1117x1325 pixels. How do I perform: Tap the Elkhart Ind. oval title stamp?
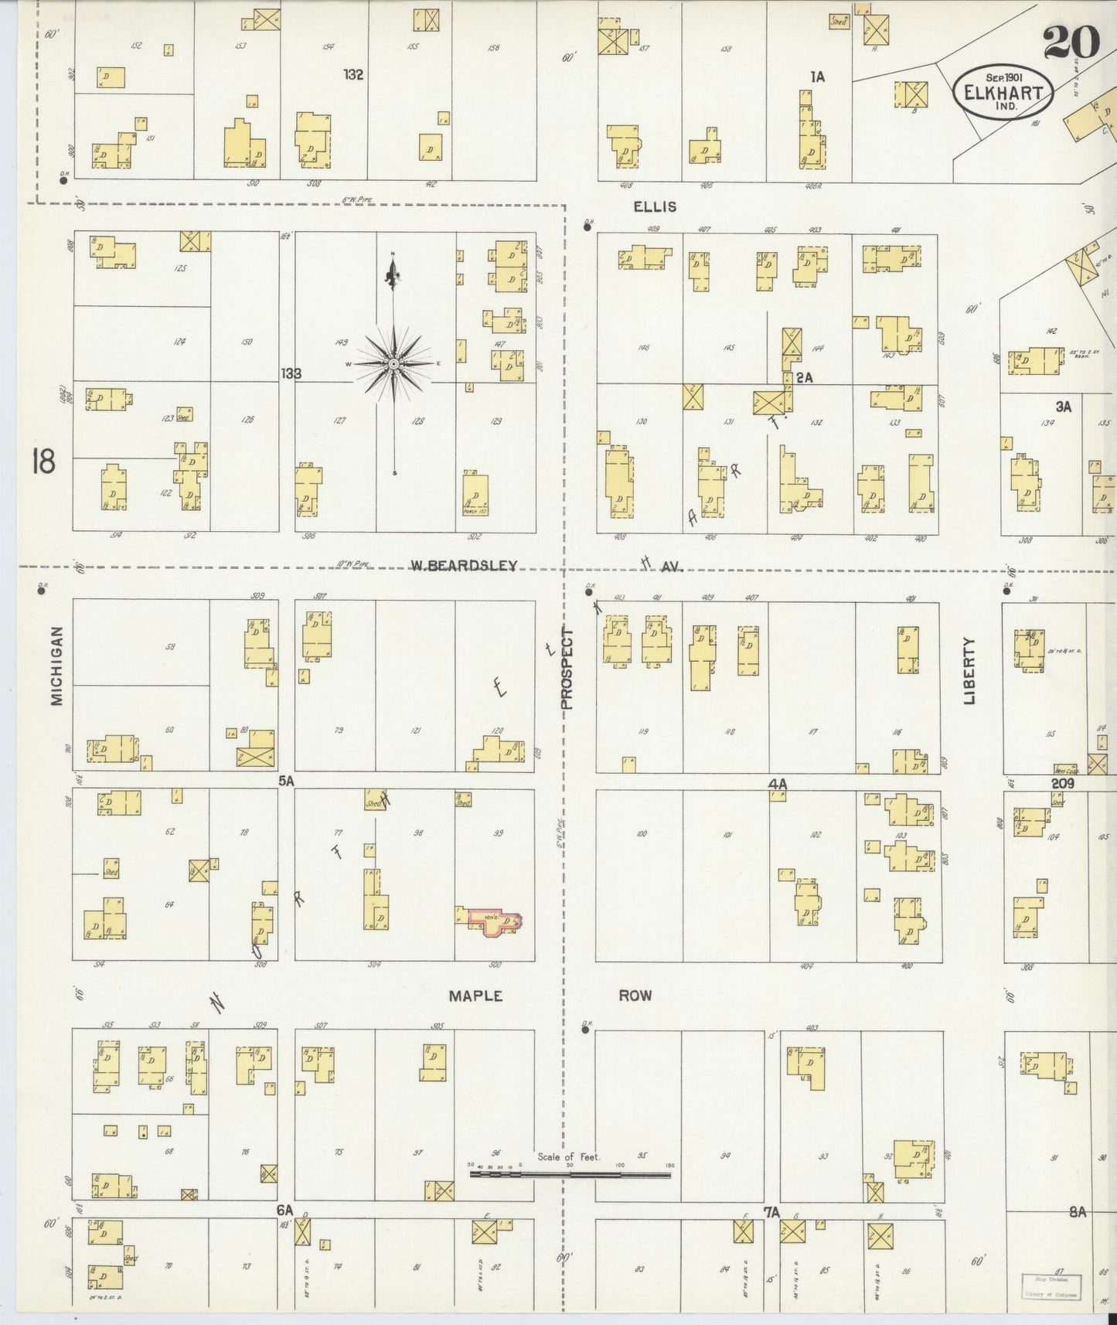(x=1003, y=91)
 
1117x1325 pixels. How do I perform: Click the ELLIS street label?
(x=655, y=206)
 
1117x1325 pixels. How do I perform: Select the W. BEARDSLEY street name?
(x=463, y=566)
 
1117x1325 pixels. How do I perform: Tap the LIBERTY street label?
(x=969, y=670)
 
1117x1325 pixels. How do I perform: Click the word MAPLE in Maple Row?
(x=475, y=996)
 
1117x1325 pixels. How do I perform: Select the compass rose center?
(x=394, y=363)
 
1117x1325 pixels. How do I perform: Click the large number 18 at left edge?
(x=43, y=462)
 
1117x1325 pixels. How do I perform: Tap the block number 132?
(x=354, y=75)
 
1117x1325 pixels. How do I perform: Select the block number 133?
(x=291, y=374)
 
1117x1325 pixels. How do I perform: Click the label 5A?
(x=287, y=782)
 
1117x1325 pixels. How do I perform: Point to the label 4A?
(x=777, y=784)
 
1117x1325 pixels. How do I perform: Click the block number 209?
(x=1063, y=783)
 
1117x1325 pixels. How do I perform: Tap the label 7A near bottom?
(x=771, y=1212)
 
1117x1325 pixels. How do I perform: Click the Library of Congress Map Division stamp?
(x=1051, y=1286)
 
